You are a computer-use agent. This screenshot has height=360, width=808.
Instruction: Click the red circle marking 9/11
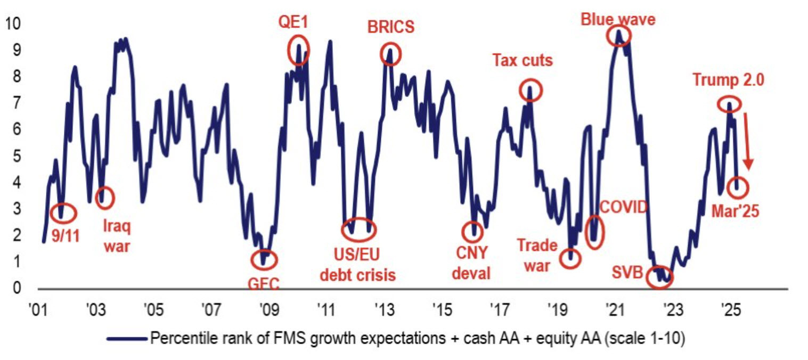[63, 213]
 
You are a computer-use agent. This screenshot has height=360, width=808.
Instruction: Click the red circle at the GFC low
[264, 259]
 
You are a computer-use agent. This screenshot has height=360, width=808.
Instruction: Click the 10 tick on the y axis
[12, 24]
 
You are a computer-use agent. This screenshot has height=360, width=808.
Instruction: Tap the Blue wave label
[617, 20]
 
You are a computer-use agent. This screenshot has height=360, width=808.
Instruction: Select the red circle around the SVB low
[659, 277]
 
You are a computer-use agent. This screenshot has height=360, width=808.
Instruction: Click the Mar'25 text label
[735, 211]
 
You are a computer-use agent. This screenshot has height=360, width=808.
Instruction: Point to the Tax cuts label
[522, 60]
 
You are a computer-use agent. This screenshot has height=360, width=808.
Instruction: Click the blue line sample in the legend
[126, 338]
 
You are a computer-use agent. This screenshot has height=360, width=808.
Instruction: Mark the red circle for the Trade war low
[571, 258]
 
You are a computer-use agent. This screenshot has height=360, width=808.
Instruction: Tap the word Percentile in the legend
[176, 338]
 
